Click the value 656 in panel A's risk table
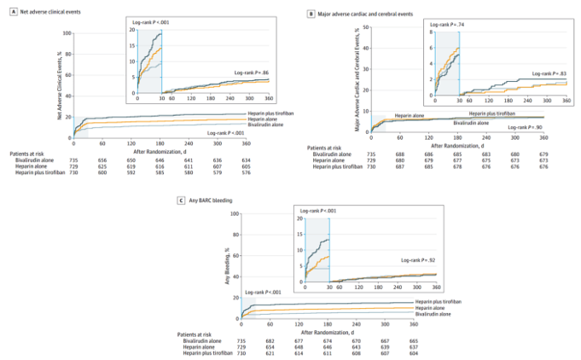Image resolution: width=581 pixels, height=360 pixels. pyautogui.click(x=103, y=159)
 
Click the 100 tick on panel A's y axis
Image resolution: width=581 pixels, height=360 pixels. pyautogui.click(x=67, y=33)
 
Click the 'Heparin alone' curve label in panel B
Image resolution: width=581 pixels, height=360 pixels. pyautogui.click(x=410, y=114)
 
